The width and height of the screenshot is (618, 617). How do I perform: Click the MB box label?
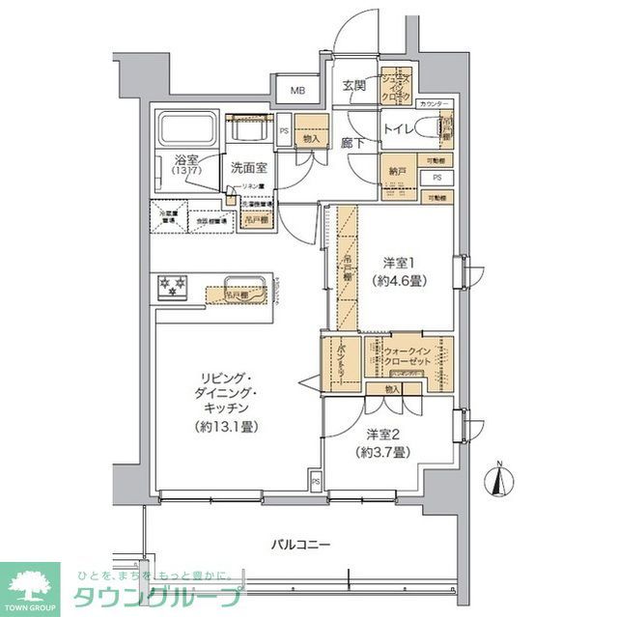click(298, 91)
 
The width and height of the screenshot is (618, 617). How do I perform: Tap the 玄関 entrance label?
click(353, 86)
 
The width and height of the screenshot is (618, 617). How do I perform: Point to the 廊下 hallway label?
click(352, 143)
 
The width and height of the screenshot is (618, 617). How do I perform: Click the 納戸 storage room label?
click(398, 171)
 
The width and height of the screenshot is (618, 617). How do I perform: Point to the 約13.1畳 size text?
click(230, 427)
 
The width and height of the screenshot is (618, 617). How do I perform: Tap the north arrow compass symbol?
click(499, 481)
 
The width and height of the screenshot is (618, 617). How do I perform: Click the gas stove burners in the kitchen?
click(172, 286)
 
